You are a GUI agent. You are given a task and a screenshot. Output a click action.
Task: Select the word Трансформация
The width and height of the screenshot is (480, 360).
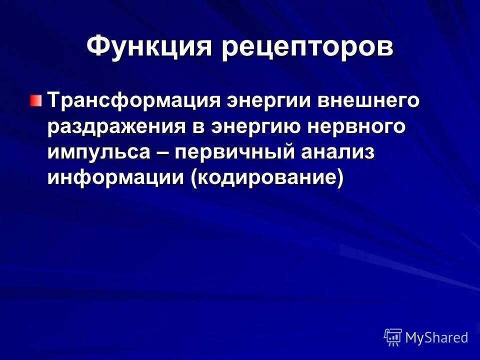(x=134, y=100)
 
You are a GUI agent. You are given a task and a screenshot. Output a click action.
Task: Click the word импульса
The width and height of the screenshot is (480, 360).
(x=98, y=152)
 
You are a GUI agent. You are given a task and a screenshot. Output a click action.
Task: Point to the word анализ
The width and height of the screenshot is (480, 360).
(x=336, y=152)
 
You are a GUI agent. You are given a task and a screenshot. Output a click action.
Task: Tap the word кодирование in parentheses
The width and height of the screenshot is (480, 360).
(x=264, y=178)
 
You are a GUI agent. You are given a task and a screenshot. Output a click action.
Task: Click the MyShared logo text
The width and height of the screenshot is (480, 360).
(x=436, y=337)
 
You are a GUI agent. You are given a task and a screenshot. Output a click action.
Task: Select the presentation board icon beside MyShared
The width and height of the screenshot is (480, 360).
(x=393, y=337)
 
